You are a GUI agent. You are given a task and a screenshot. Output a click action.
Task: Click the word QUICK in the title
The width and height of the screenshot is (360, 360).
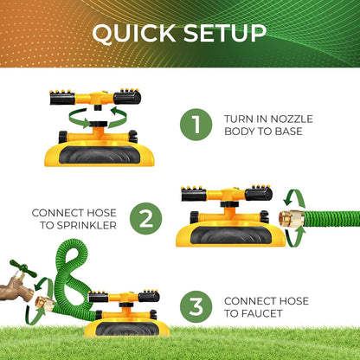coord(133,33)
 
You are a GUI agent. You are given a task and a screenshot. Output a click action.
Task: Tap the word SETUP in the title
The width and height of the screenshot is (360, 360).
coord(225,33)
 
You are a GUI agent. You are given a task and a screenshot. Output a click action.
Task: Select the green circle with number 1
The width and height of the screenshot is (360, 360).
coord(196,125)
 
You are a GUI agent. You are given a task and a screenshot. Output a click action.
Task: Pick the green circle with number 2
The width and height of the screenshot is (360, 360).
coord(146,219)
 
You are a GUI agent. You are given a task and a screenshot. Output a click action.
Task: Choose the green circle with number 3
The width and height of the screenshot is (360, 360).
coord(196,306)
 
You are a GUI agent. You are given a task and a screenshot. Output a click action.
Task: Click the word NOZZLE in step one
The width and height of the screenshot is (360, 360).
coord(292,119)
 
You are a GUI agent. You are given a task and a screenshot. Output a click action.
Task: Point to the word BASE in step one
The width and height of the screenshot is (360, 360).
coord(288,132)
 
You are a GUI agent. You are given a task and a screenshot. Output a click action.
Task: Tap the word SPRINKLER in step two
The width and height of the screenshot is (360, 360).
coord(87,225)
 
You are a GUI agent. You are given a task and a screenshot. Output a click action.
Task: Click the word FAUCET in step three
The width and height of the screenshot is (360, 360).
coord(261,313)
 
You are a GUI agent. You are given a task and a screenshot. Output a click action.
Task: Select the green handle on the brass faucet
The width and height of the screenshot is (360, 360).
coord(22,268)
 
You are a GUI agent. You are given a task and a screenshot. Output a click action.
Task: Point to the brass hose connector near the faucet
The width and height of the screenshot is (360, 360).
coord(45,304)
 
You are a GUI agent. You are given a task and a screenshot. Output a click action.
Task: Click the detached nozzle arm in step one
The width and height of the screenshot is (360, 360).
coord(95,98)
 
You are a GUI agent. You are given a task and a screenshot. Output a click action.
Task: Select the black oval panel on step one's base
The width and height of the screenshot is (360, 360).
coord(99,155)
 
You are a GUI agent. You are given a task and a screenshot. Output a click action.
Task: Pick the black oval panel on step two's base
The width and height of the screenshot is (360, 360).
coord(230,235)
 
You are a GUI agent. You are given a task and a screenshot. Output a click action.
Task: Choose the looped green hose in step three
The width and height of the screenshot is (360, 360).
coord(70,277)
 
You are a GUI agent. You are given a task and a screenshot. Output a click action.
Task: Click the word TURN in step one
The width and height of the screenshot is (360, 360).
coord(237,119)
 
